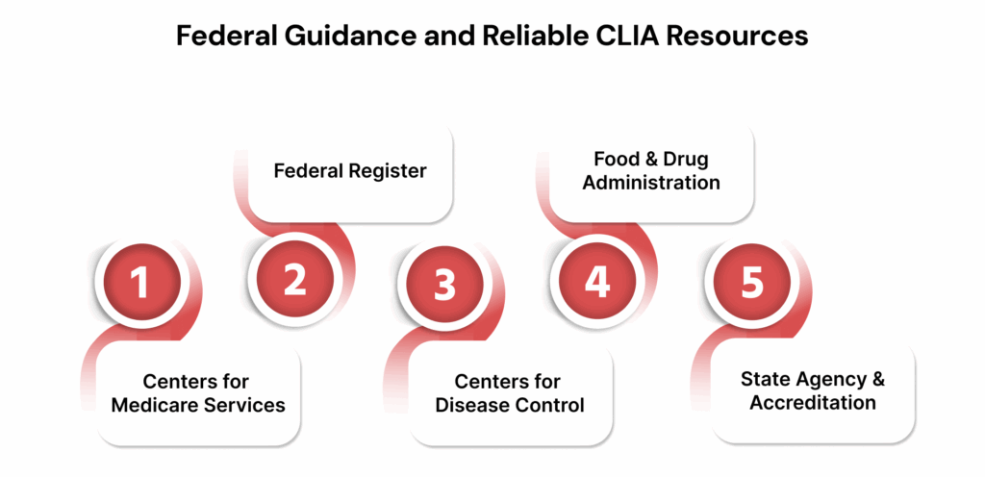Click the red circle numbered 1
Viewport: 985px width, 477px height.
(140, 284)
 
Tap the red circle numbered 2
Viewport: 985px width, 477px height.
(294, 279)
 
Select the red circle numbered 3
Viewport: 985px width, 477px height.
(443, 284)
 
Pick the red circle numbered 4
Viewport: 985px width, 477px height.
(597, 280)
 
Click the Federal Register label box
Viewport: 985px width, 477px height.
(350, 171)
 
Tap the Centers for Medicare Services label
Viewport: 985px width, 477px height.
(197, 393)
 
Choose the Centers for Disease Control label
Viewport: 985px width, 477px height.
(509, 393)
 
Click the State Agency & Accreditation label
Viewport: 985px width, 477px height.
(812, 390)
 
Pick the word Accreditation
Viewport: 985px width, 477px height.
(812, 402)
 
